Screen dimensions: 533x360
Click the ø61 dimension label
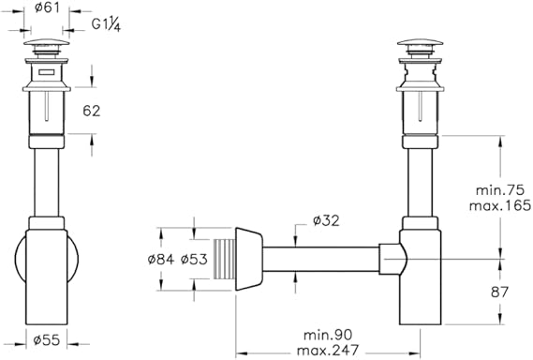[47, 7]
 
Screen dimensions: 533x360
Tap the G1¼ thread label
[106, 24]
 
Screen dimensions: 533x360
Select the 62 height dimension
[92, 111]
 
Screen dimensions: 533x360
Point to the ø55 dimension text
[47, 339]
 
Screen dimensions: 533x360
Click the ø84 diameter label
[161, 260]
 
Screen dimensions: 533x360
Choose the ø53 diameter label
[194, 260]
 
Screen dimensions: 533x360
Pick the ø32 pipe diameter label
[326, 221]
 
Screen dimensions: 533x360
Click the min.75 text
[499, 190]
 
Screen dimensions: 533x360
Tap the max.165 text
[500, 205]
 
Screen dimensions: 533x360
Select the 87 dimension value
[499, 292]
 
